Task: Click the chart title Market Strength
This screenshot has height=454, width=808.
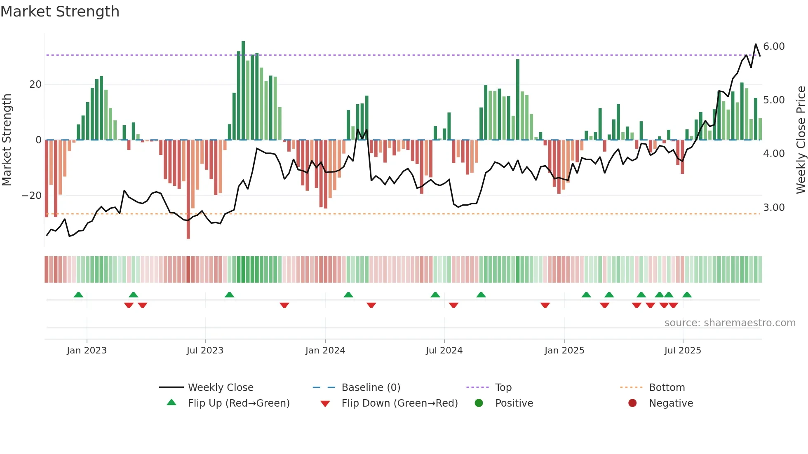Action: [x=60, y=12]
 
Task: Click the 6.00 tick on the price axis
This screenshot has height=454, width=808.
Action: [x=773, y=47]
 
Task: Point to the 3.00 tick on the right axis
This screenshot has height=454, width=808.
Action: [x=773, y=208]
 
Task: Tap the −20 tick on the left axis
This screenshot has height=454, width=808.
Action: [x=32, y=196]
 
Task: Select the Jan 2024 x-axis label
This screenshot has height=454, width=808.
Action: [x=325, y=351]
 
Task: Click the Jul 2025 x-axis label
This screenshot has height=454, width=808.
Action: [x=682, y=351]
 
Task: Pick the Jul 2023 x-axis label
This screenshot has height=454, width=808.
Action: [x=204, y=351]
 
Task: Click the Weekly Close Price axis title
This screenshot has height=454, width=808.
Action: [x=801, y=140]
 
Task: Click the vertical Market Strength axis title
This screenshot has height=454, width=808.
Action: [x=7, y=140]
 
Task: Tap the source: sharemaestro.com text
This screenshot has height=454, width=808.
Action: [x=730, y=323]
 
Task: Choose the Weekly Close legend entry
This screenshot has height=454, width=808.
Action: [x=220, y=388]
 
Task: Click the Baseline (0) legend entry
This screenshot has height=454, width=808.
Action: [x=371, y=388]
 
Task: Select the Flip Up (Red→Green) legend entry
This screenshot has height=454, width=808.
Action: [x=238, y=403]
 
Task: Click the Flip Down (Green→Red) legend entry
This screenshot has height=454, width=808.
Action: [x=399, y=403]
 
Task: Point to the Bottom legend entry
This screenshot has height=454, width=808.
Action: [x=666, y=388]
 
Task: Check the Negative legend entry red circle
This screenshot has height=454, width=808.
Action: [x=632, y=403]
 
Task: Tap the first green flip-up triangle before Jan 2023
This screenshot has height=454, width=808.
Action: [x=78, y=295]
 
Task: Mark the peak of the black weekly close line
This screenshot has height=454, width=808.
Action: [x=756, y=44]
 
